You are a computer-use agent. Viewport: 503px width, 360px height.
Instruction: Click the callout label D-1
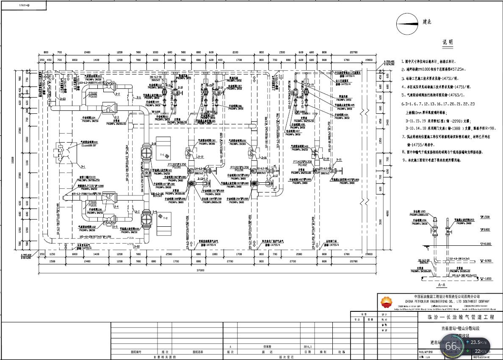83,167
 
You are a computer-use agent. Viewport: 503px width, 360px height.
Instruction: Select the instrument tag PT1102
93,93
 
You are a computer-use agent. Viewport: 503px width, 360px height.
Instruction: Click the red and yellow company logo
386,302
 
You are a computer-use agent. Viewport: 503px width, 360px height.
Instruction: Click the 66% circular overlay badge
453,346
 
